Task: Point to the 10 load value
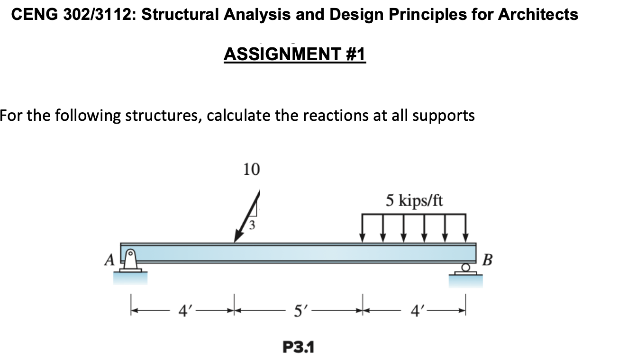[251, 169]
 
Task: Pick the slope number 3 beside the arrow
[253, 225]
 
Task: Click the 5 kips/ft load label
[414, 201]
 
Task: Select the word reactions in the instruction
[339, 115]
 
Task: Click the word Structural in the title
[180, 15]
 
